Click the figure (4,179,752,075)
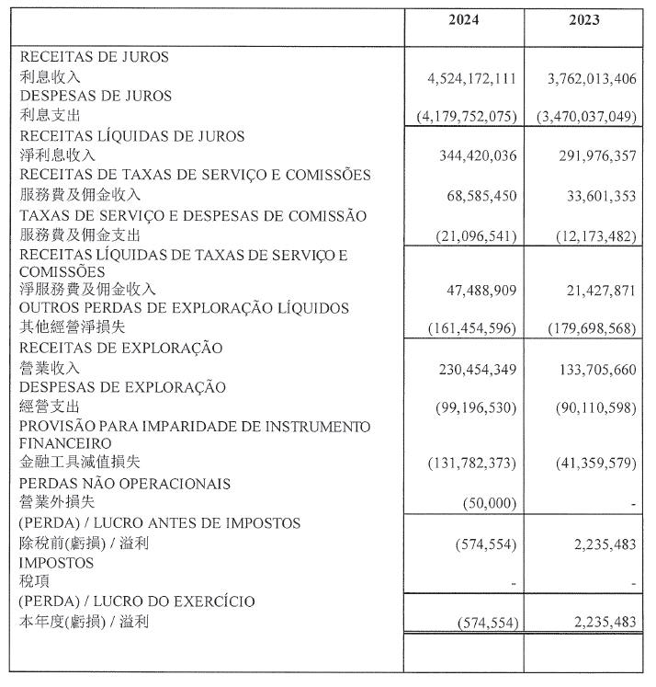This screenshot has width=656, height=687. click(465, 117)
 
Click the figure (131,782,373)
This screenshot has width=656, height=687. click(471, 463)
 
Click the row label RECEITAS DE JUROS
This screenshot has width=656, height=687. click(94, 57)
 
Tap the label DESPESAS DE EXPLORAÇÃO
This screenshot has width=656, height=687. click(110, 387)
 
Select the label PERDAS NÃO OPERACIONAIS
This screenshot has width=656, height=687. click(124, 483)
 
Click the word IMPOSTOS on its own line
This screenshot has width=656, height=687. click(56, 562)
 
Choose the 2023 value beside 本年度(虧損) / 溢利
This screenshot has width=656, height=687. click(598, 623)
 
